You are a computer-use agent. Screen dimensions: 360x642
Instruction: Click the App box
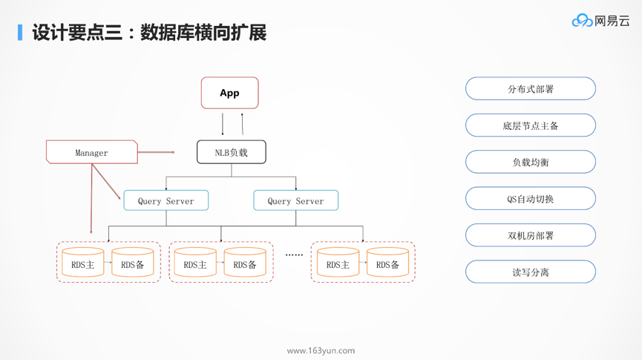(229, 93)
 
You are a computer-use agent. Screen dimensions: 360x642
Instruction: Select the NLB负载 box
(231, 152)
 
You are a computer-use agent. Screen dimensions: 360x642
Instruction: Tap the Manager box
(92, 152)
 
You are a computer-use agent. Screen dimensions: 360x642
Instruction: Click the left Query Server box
(166, 200)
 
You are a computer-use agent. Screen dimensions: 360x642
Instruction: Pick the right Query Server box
(295, 200)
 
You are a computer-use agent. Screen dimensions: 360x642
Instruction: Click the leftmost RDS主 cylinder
(83, 264)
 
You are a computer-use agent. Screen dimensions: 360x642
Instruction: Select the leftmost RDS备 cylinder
(133, 264)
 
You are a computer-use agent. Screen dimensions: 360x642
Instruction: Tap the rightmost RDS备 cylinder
(387, 264)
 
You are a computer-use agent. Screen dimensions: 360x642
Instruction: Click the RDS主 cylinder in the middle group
(195, 264)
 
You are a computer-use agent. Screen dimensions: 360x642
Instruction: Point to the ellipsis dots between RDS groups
(294, 255)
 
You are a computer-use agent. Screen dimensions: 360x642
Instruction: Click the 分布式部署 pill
(530, 89)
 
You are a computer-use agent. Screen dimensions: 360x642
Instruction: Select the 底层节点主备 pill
(530, 125)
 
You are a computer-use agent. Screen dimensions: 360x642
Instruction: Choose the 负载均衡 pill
(530, 162)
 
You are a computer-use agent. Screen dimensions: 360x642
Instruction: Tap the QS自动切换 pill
(530, 199)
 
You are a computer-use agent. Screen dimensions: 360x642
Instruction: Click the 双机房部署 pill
(530, 235)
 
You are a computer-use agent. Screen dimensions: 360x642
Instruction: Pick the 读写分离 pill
(530, 272)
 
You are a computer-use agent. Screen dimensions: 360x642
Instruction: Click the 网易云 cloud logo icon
(582, 21)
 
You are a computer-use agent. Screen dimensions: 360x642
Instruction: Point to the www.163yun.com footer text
(321, 350)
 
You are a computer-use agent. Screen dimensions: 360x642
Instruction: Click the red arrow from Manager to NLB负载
(156, 152)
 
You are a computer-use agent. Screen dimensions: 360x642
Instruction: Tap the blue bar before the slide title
(20, 32)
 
